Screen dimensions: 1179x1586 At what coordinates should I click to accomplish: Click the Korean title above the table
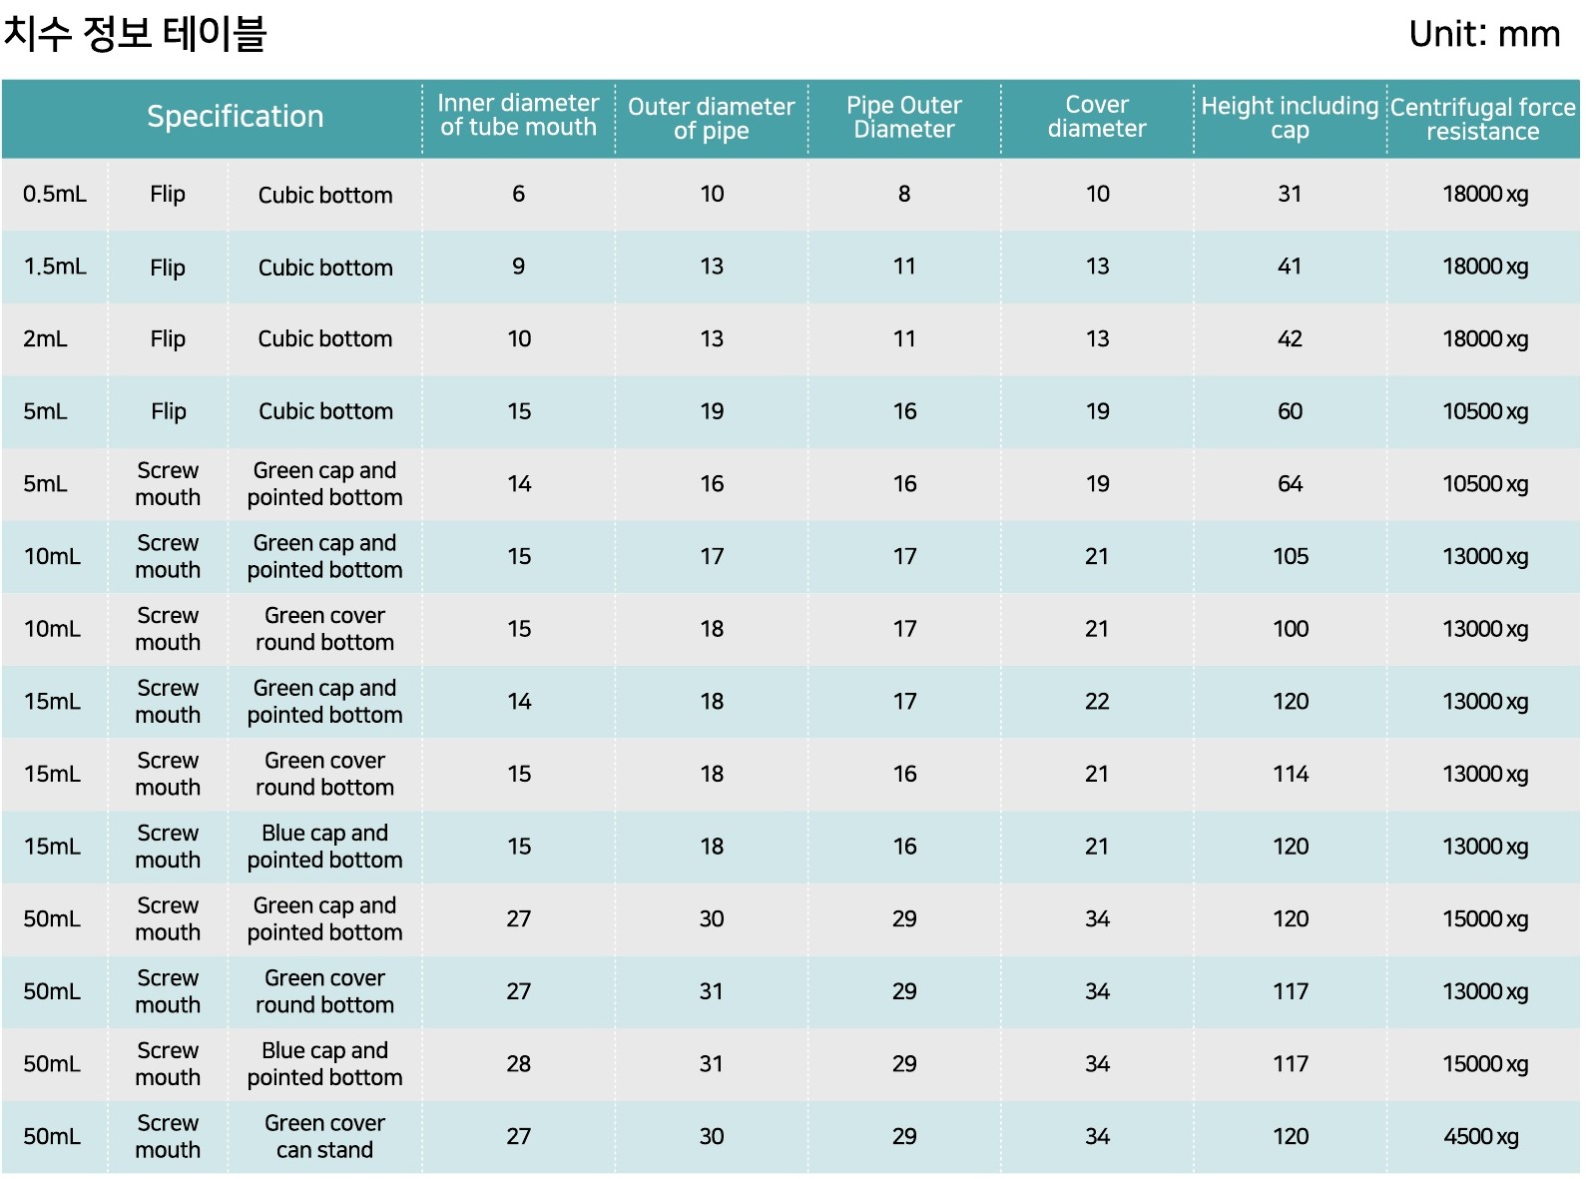(135, 34)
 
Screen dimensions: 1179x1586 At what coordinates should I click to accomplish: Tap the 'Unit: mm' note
(1483, 35)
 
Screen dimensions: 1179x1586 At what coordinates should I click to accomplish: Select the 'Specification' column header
(235, 117)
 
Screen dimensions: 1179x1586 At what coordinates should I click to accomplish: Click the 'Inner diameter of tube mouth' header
(518, 116)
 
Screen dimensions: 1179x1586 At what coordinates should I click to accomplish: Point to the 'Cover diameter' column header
(1097, 117)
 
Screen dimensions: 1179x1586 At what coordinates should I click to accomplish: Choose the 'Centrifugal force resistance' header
(1482, 119)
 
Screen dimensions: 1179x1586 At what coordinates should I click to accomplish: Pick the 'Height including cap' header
(1290, 118)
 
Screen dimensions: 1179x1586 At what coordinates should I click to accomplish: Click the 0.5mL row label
(55, 194)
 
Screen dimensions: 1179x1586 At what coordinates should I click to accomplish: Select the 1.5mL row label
(55, 267)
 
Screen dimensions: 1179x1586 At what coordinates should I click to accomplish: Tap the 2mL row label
(46, 339)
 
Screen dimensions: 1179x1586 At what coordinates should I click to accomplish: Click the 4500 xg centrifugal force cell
(1481, 1137)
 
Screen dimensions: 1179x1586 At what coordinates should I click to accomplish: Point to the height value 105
(1291, 557)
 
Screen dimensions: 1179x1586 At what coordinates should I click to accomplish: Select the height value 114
(1291, 775)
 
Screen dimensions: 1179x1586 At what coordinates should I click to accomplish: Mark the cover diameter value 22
(1097, 702)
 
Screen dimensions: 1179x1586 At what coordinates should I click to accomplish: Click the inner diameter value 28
(519, 1064)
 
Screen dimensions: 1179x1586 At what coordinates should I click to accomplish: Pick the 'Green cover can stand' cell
(324, 1137)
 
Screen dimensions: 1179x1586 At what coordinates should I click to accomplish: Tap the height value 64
(1291, 484)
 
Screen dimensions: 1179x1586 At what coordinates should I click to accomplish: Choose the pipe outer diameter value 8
(904, 194)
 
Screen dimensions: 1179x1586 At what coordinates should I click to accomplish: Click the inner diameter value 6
(519, 194)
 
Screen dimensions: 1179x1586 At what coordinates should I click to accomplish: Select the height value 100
(1291, 629)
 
